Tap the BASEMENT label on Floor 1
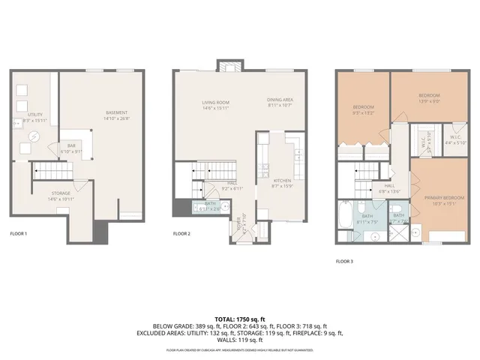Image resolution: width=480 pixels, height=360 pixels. point(116,112)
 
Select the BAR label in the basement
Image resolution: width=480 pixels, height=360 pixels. point(72,146)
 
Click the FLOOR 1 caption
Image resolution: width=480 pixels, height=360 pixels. point(18,234)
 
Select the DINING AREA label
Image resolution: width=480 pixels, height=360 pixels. point(280,100)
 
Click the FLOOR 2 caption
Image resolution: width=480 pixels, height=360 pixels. point(181,234)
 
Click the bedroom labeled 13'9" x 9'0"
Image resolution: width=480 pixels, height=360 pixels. point(428,96)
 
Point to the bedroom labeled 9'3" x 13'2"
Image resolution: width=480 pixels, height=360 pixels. point(363,108)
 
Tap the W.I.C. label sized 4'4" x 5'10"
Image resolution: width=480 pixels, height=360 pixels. point(454,139)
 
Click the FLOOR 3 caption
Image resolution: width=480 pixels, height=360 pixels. point(343,261)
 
